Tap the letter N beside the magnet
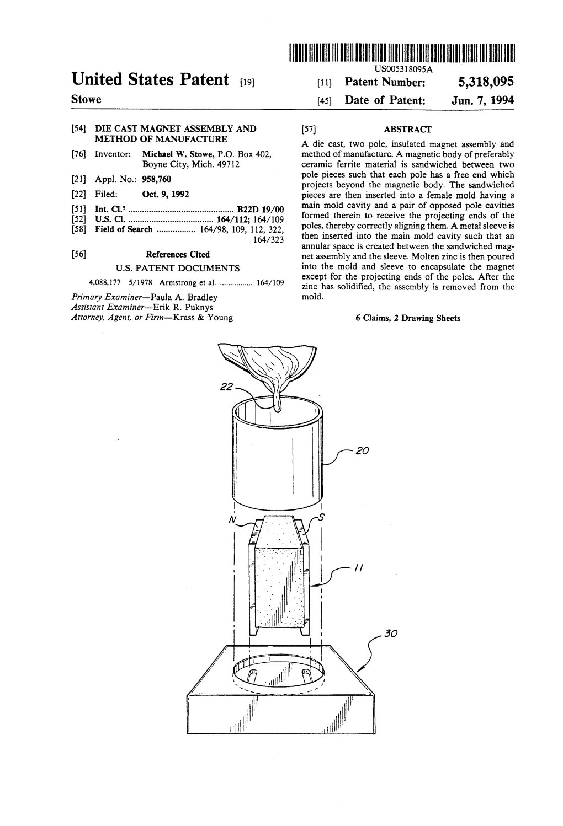click(x=232, y=520)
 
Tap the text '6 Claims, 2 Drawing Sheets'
click(x=408, y=318)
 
